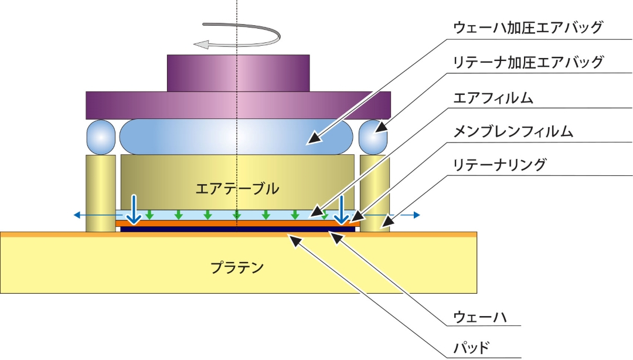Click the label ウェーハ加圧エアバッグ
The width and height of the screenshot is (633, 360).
(528, 28)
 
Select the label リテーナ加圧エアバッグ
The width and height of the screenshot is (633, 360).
(528, 62)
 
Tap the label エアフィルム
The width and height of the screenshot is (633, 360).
(493, 98)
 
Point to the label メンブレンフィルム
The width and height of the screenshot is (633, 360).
(513, 131)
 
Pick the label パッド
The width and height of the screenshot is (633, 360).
(471, 347)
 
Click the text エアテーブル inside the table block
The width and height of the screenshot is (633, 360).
(237, 189)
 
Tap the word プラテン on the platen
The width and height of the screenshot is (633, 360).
(237, 268)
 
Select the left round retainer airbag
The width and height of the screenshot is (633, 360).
(100, 137)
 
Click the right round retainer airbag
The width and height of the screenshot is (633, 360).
(374, 137)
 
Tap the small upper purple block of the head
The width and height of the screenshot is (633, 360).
(238, 73)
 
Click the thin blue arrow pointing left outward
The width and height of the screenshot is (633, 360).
(94, 216)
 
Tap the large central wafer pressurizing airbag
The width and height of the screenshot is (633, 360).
(237, 137)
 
